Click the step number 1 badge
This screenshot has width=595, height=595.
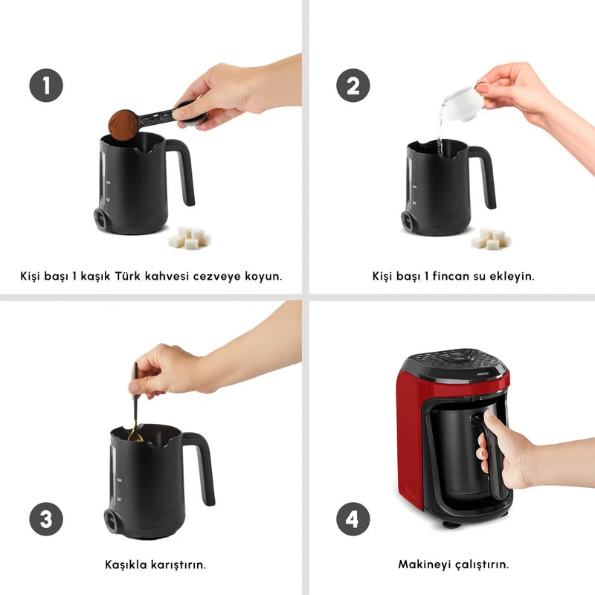[x=46, y=85]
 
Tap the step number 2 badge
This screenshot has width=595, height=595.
[x=353, y=85]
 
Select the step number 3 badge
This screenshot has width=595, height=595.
[x=46, y=518]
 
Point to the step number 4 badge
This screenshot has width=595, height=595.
[x=353, y=518]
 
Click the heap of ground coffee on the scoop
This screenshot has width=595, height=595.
[x=123, y=123]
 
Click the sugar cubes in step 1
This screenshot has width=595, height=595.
[x=190, y=238]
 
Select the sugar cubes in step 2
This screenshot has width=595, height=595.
[x=491, y=238]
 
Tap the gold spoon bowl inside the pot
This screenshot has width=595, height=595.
[x=135, y=436]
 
